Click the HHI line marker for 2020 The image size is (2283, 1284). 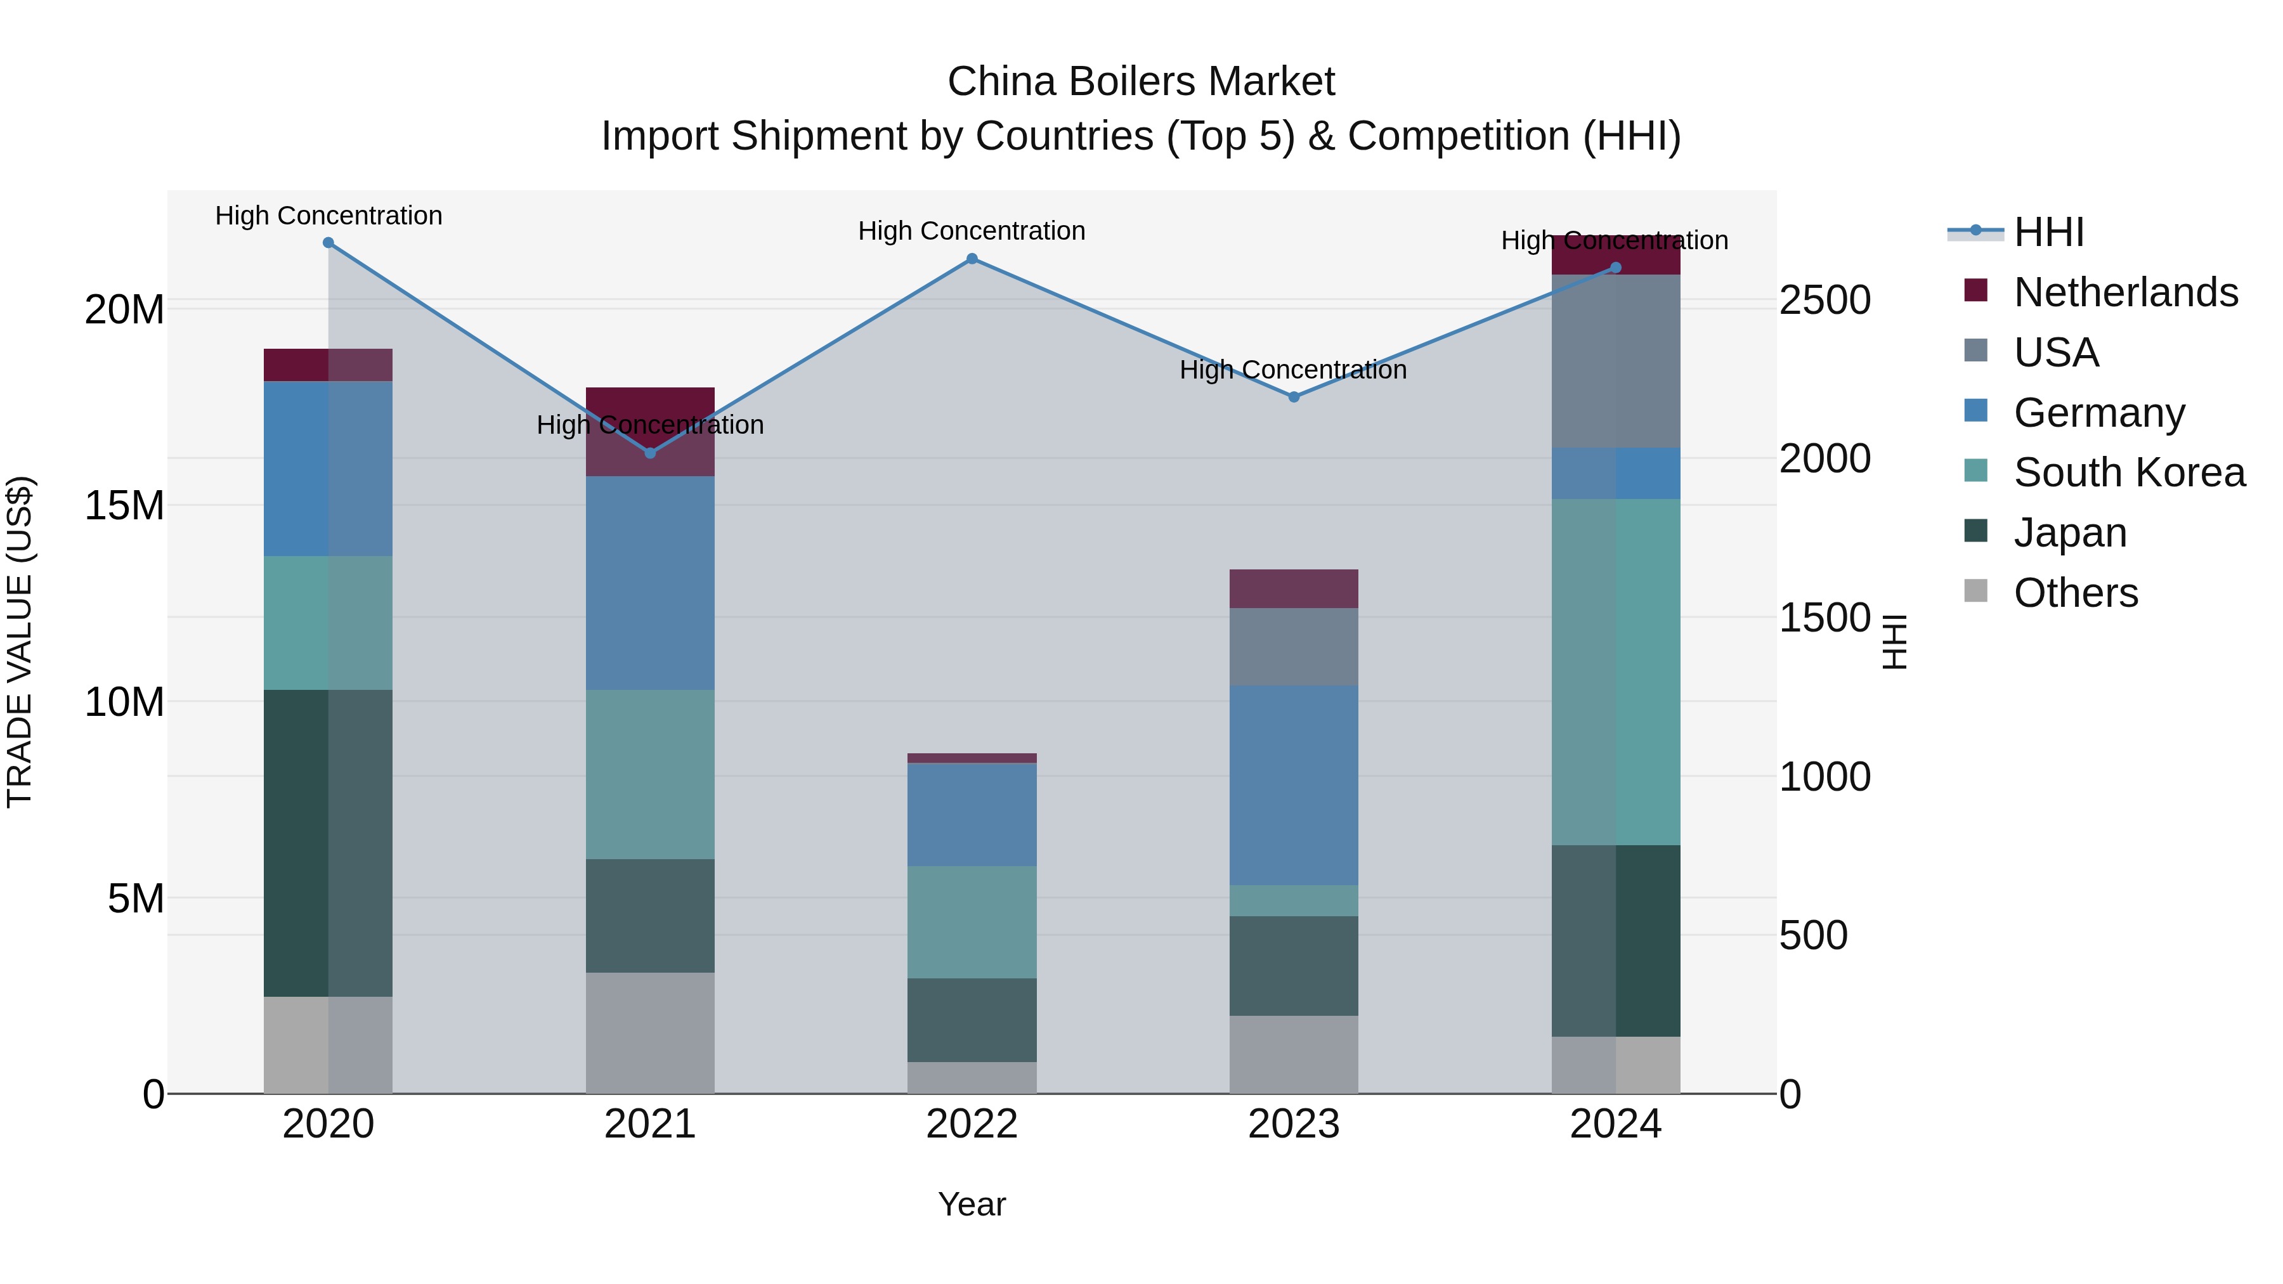pos(328,243)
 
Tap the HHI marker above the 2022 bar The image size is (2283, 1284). pos(972,259)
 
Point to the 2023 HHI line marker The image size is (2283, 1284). pos(1293,397)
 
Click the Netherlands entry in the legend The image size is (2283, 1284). pos(2125,292)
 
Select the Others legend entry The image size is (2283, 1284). pos(2075,593)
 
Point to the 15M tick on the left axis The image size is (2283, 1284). pos(124,506)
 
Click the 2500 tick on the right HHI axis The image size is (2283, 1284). pos(1824,301)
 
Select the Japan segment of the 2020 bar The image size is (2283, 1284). pos(328,843)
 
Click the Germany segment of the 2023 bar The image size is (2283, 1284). pos(1293,784)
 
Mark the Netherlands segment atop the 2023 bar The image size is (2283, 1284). pos(1293,588)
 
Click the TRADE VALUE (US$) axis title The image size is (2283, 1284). pos(20,642)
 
